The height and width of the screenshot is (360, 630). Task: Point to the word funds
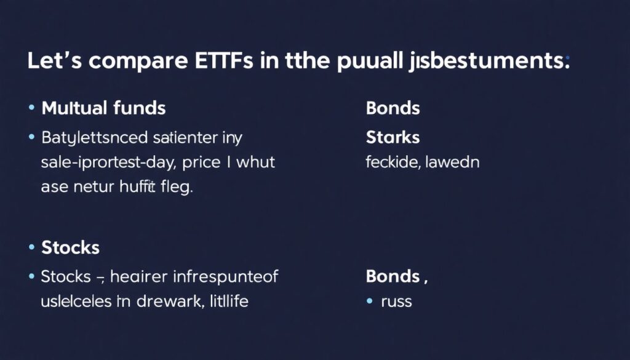tap(140, 109)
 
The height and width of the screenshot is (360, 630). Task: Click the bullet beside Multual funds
tap(31, 108)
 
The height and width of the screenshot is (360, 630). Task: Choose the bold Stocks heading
tap(70, 248)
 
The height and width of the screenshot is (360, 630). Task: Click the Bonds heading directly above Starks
tap(393, 109)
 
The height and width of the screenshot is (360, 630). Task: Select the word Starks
tap(393, 137)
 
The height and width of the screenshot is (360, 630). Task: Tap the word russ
tap(396, 302)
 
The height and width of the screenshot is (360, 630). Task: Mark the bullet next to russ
tap(370, 301)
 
